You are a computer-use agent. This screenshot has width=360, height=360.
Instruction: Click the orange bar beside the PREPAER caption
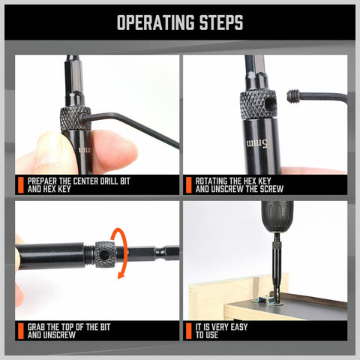click(20, 185)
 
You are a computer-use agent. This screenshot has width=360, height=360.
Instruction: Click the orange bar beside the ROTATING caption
click(189, 185)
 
